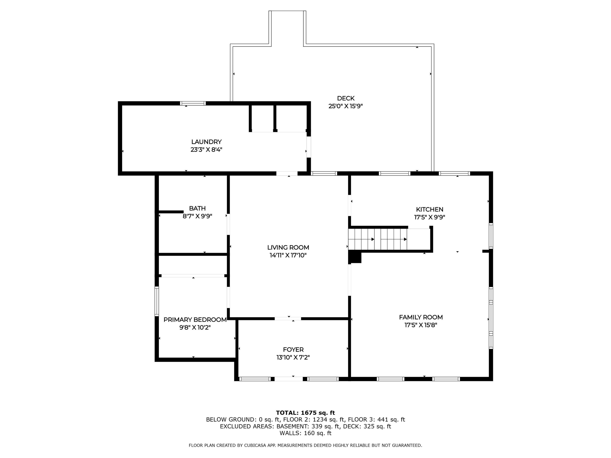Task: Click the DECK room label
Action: pyautogui.click(x=346, y=98)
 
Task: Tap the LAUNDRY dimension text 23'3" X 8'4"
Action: pyautogui.click(x=206, y=150)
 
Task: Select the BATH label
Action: pyautogui.click(x=197, y=208)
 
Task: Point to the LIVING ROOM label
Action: pyautogui.click(x=288, y=247)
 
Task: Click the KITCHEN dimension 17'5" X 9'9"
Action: pyautogui.click(x=430, y=217)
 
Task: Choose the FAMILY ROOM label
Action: pyautogui.click(x=421, y=317)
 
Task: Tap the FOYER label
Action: pyautogui.click(x=293, y=350)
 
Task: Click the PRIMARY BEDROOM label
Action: pyautogui.click(x=195, y=320)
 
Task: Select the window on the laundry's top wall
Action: pyautogui.click(x=193, y=103)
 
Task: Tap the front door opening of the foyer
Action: pyautogui.click(x=289, y=379)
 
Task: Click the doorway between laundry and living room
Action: pyautogui.click(x=287, y=173)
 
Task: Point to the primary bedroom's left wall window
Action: pyautogui.click(x=157, y=301)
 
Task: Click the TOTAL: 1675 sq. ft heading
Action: pyautogui.click(x=305, y=413)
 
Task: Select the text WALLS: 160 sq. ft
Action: pyautogui.click(x=305, y=433)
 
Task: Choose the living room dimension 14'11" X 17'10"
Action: pyautogui.click(x=288, y=255)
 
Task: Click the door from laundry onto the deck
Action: pyautogui.click(x=309, y=147)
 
